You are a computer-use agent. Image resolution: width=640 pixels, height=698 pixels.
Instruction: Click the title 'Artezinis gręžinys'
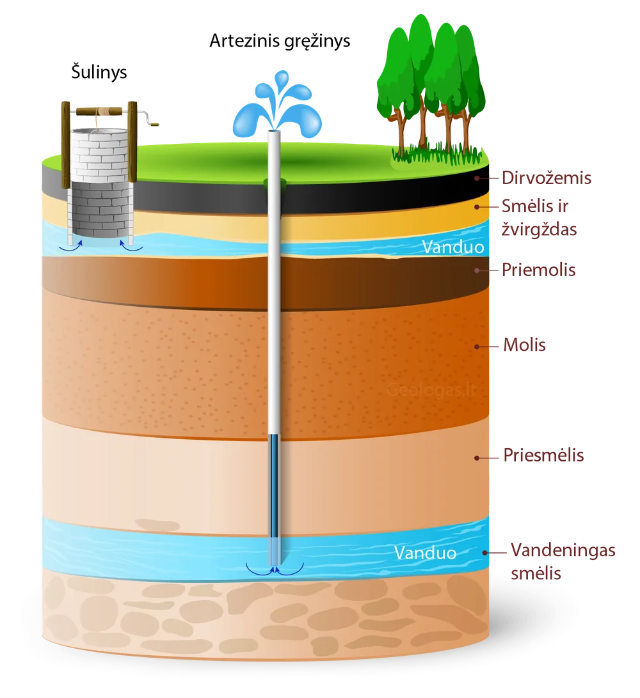(280, 42)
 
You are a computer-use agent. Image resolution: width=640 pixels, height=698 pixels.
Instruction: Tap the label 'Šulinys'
(99, 72)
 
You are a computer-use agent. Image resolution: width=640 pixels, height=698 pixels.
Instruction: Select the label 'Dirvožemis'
(547, 178)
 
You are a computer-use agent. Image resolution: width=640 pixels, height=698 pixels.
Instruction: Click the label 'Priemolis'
(538, 270)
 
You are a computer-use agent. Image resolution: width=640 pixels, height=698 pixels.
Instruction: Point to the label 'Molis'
(524, 345)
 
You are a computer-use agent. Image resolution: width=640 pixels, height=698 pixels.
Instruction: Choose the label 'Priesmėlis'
(543, 455)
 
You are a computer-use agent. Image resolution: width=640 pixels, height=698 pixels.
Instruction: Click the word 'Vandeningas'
(563, 550)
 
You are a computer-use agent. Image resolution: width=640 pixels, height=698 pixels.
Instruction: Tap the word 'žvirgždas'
(540, 229)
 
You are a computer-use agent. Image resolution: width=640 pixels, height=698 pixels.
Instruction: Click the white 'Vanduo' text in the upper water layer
(453, 247)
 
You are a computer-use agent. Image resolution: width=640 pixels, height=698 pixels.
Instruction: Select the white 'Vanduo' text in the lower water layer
(425, 553)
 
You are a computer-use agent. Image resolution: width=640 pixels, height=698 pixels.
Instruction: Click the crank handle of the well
(148, 119)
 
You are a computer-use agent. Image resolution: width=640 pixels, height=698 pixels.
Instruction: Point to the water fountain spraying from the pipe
(277, 105)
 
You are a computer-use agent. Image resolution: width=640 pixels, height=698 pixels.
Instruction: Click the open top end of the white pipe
(274, 132)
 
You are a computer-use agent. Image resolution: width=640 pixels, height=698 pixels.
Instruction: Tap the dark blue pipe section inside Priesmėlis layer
(274, 486)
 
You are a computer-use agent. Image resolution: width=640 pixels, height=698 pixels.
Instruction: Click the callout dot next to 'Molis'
(477, 346)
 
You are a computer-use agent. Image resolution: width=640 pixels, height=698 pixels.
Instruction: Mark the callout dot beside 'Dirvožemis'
(476, 178)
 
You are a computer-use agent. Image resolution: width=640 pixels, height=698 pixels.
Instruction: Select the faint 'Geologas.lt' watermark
(431, 390)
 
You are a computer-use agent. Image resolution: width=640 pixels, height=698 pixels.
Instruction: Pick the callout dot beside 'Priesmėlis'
(477, 458)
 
